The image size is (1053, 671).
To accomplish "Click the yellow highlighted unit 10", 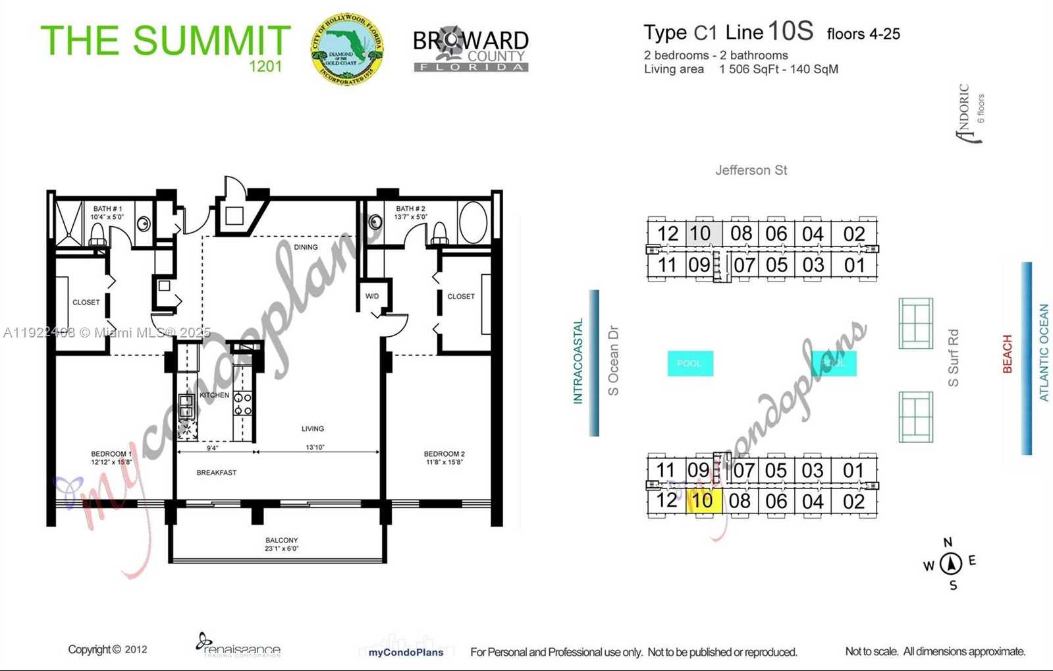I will [x=703, y=500].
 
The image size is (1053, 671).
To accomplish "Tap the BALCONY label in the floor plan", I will [x=281, y=544].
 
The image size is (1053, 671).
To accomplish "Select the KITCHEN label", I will [x=214, y=395].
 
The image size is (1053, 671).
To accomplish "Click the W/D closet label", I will [x=372, y=296].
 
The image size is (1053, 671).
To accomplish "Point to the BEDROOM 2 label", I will [x=444, y=457].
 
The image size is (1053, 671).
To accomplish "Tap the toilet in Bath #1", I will [x=97, y=234].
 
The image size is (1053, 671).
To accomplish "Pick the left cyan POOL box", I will [x=689, y=363].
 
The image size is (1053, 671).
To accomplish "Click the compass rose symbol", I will [x=950, y=564].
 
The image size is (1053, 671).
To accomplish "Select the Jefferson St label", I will [x=751, y=170].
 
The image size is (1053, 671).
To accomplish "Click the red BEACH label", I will [x=1007, y=354].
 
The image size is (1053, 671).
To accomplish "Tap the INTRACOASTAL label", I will [x=578, y=361].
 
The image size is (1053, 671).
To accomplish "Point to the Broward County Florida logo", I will [x=470, y=50].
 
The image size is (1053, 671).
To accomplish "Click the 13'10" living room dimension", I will [x=315, y=448].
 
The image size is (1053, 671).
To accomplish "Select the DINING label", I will [x=306, y=247].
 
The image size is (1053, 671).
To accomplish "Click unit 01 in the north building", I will [x=854, y=265].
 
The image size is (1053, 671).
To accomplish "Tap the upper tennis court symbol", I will [x=915, y=323].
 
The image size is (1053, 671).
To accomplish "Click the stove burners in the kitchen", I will [x=242, y=404].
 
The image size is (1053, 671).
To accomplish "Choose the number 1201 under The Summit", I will [x=265, y=66].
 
